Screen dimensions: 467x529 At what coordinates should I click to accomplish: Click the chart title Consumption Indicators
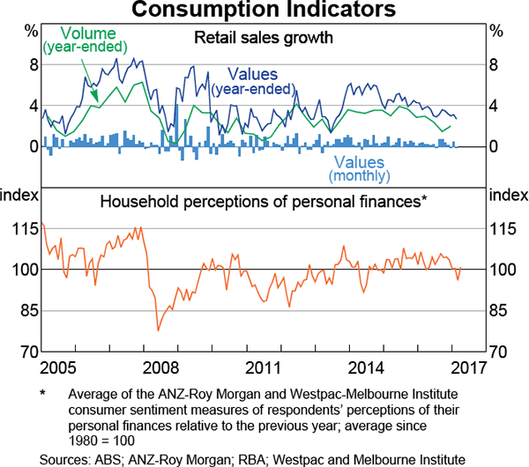point(264,11)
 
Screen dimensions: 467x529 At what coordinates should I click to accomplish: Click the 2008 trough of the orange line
point(158,330)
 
